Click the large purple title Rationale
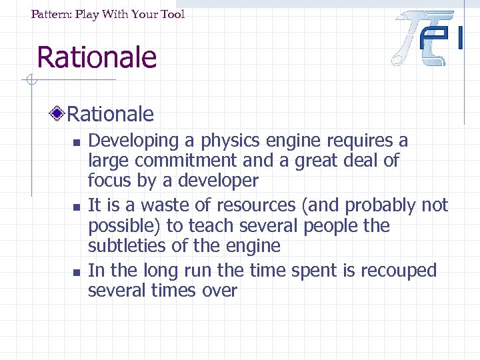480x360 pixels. point(97,57)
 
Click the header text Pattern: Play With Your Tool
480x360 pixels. point(108,14)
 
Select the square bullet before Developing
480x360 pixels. point(77,142)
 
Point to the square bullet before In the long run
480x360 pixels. point(77,272)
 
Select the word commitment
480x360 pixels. point(189,161)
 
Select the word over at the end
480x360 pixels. point(223,291)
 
